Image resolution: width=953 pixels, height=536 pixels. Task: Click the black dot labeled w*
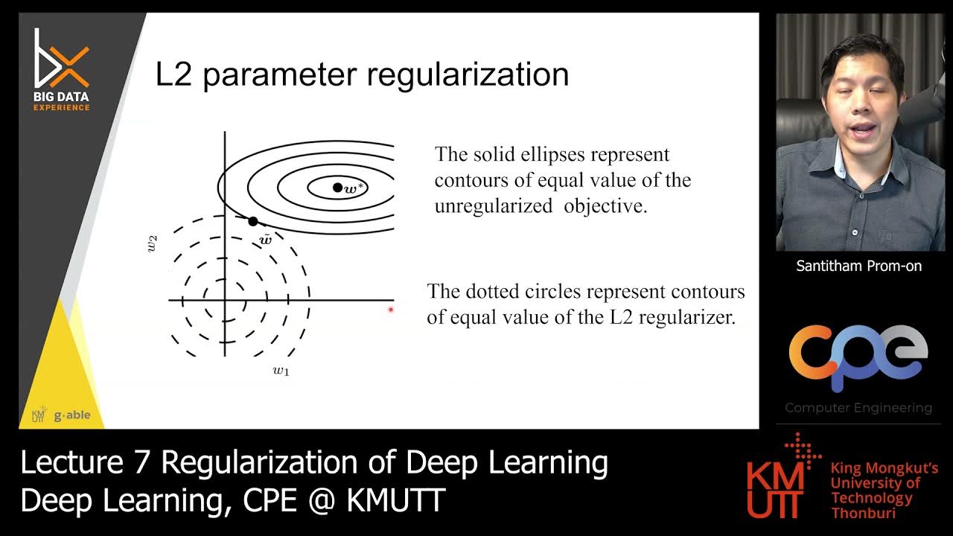[337, 188]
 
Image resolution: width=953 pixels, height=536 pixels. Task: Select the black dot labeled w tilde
[253, 221]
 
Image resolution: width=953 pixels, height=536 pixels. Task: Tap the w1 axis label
[281, 370]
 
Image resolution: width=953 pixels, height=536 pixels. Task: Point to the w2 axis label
[153, 243]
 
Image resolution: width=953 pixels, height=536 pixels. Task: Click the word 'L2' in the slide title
[173, 74]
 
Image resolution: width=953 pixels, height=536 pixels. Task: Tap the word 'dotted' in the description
[498, 291]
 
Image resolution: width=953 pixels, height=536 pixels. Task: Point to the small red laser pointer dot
[391, 310]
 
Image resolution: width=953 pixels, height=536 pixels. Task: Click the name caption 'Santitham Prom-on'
[859, 266]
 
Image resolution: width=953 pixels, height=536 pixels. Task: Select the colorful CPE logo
[858, 357]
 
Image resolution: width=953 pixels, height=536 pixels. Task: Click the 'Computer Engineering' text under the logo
[858, 408]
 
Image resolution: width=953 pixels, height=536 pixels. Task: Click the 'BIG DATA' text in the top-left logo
[61, 97]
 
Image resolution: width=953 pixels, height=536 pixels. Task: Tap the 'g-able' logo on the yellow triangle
[71, 415]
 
